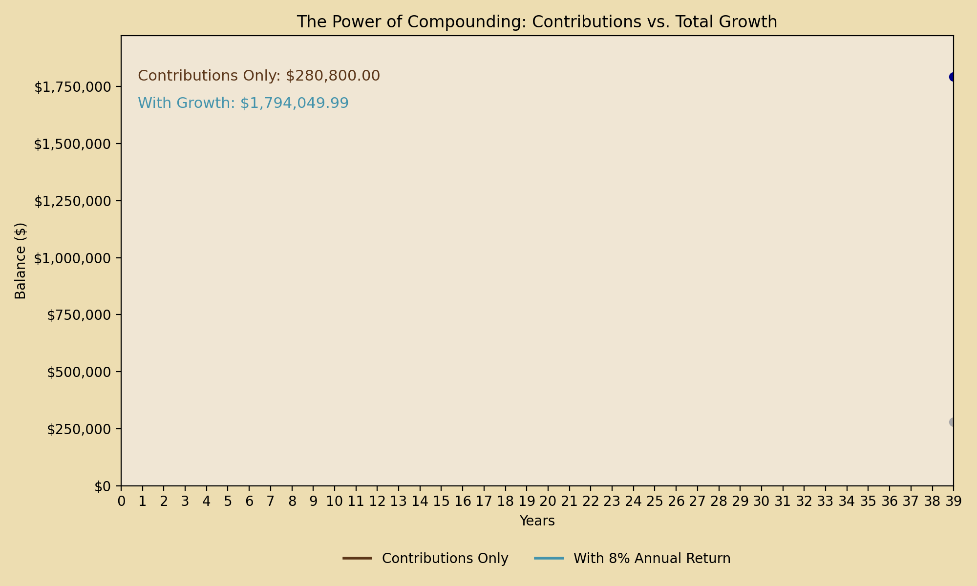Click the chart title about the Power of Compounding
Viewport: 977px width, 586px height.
pyautogui.click(x=537, y=22)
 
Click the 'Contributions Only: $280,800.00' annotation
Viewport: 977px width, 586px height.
pyautogui.click(x=259, y=76)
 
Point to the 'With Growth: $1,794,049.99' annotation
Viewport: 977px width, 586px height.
pyautogui.click(x=243, y=103)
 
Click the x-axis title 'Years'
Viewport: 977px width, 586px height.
pyautogui.click(x=537, y=521)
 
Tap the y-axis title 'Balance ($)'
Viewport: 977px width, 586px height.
pyautogui.click(x=21, y=261)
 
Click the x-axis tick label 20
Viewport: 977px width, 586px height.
pyautogui.click(x=548, y=502)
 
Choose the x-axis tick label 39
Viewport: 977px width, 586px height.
pyautogui.click(x=953, y=502)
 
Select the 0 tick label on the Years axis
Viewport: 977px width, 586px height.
pyautogui.click(x=121, y=502)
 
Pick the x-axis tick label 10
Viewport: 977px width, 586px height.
pyautogui.click(x=335, y=502)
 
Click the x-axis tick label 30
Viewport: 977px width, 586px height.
pyautogui.click(x=761, y=502)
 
